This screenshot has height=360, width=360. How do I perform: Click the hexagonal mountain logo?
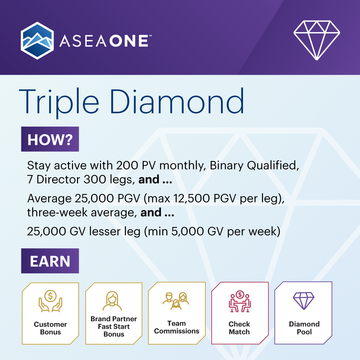point(37,41)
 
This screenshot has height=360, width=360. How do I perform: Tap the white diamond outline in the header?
point(316,39)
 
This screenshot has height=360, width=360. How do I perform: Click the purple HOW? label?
point(50,139)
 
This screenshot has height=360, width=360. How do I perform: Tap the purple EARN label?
point(50,261)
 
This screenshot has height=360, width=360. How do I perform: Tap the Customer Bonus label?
point(50,328)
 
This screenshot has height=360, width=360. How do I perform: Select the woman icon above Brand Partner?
point(114,301)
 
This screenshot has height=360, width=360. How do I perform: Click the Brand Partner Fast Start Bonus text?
point(114,327)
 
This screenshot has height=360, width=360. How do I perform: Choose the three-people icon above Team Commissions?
point(176,301)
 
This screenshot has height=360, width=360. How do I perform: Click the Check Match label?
point(239,328)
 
